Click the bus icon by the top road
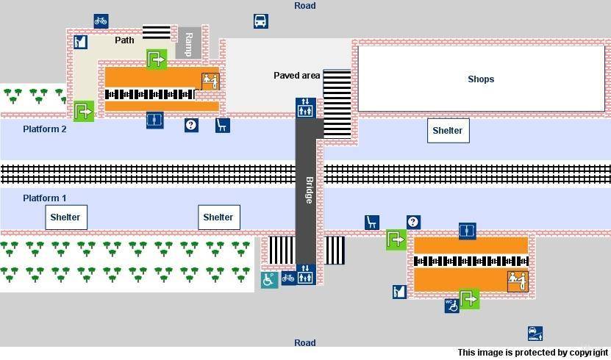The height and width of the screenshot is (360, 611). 260,21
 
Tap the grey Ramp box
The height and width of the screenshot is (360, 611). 188,43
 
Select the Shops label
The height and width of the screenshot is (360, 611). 481,79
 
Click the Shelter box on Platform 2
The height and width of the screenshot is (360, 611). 448,131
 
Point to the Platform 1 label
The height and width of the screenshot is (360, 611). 44,198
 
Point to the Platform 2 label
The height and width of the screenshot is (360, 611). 44,129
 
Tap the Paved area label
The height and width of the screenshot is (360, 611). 296,76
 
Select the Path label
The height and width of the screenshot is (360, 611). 124,40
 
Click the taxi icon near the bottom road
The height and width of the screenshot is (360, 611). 535,334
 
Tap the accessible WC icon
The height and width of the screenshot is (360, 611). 451,305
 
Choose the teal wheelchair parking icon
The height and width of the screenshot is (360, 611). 269,279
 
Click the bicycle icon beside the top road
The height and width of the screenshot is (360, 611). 101,21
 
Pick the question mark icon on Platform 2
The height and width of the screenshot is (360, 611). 191,125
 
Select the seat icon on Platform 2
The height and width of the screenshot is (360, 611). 222,125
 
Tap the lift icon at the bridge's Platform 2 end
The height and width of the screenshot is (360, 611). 305,107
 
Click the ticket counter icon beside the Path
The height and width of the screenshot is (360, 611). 80,42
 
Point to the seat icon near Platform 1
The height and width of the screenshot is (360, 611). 372,222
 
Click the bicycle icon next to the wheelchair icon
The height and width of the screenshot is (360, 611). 288,278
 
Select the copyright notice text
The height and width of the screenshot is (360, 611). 532,353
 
